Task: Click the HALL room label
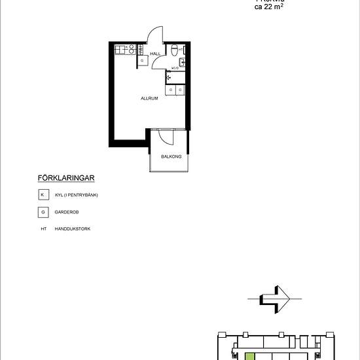155,54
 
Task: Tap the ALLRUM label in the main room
149,98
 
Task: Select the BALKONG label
170,156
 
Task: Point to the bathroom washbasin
182,62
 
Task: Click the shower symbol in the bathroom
170,77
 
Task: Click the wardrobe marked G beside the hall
143,61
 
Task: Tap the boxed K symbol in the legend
43,195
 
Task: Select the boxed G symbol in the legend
43,212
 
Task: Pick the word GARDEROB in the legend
67,212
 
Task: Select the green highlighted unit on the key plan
249,355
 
